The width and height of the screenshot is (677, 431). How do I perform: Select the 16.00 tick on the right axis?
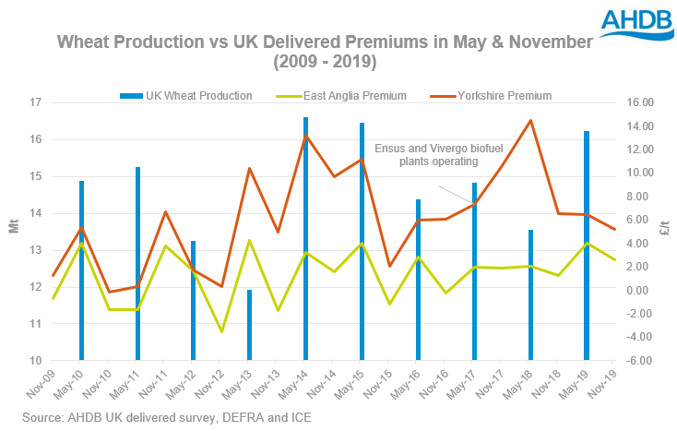(x=640, y=102)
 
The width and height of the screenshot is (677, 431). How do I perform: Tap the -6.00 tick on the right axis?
(x=640, y=361)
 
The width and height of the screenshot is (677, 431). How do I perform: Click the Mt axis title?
(x=13, y=229)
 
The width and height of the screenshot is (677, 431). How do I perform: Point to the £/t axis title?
(x=665, y=229)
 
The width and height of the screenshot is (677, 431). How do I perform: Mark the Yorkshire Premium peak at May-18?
(x=530, y=120)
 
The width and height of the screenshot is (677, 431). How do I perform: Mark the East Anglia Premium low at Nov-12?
(x=221, y=331)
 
